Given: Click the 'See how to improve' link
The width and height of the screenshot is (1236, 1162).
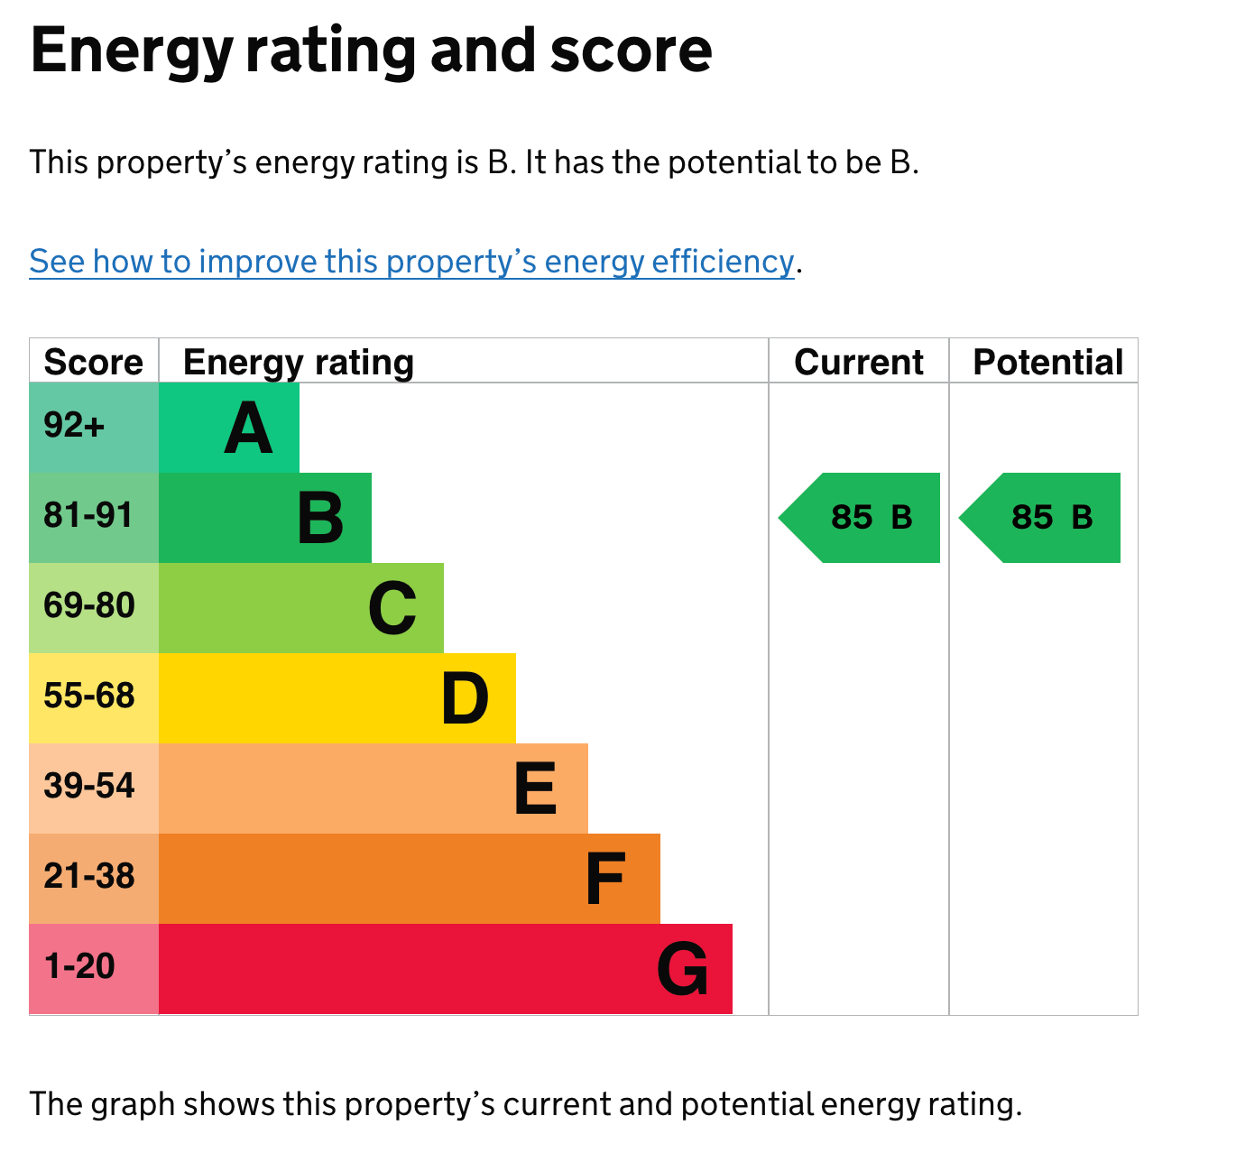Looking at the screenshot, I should coord(411,262).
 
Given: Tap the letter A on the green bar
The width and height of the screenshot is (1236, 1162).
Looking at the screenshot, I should coord(248,429).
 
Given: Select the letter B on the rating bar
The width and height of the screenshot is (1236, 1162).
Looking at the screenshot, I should coord(320,518).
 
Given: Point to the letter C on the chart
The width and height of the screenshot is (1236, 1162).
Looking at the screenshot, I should coord(392,609).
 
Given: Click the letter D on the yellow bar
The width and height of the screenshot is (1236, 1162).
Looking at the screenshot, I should coord(465,698).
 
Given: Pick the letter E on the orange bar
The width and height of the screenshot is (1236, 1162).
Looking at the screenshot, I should coord(535,788).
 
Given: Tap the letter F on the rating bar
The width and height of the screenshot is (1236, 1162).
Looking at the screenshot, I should coord(604,879).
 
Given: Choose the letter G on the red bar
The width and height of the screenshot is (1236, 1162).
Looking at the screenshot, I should coord(682,970).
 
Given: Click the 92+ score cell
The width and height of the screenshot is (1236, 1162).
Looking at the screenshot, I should coord(75,425).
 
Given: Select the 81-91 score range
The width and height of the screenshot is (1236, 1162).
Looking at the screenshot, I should coord(88,515).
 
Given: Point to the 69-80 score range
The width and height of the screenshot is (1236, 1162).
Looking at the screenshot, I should coord(88,605).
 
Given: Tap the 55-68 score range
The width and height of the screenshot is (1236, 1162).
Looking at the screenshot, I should coord(88,696).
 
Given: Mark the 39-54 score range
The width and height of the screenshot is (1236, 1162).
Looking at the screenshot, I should coord(88,786).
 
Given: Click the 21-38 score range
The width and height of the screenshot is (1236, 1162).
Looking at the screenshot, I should coord(88,876).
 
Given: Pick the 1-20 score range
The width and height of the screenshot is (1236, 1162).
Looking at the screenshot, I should coord(79,966).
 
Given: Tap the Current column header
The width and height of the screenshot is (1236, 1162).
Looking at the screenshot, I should coord(858,362).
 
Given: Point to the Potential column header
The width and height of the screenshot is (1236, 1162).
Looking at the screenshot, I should coord(1047,362).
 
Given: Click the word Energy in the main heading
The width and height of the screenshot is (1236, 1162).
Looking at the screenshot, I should coord(132,51).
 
